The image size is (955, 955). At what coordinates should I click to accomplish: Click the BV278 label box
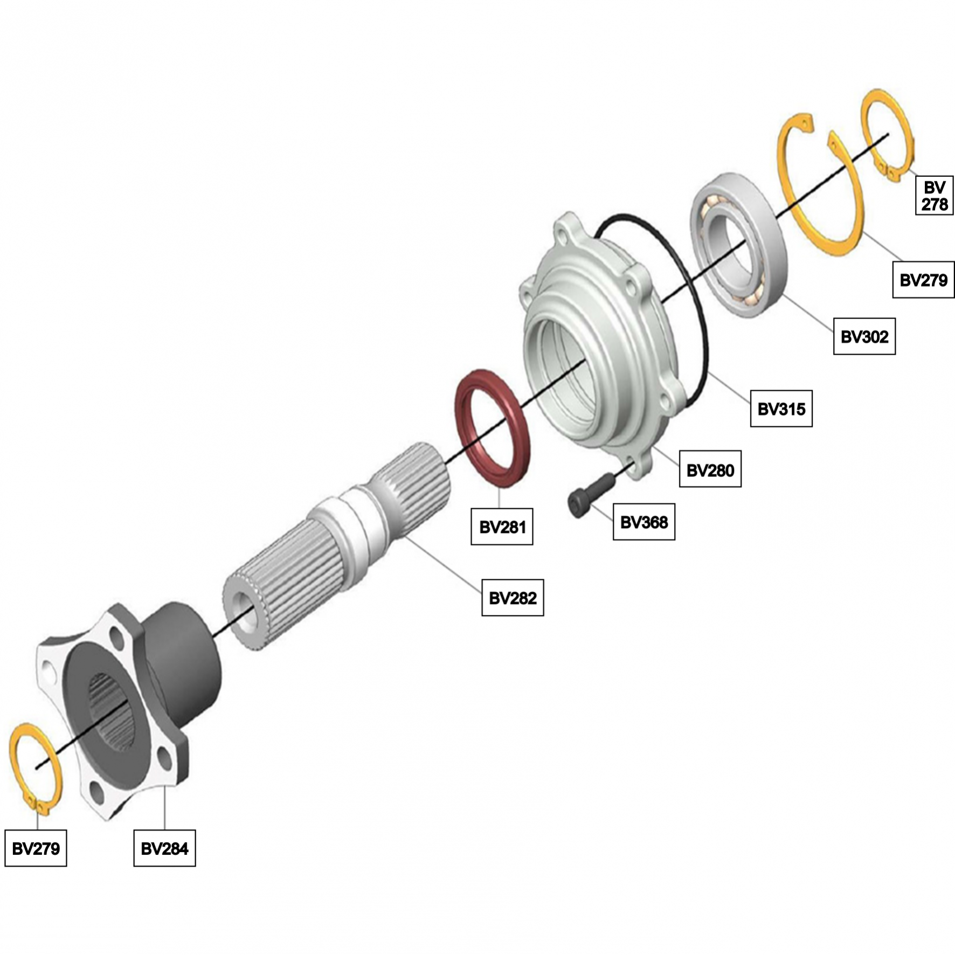pyautogui.click(x=934, y=195)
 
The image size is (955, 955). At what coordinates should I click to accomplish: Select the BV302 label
pyautogui.click(x=864, y=336)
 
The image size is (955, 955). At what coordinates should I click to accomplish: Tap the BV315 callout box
pyautogui.click(x=781, y=409)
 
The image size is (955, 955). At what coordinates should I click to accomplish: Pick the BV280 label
pyautogui.click(x=710, y=469)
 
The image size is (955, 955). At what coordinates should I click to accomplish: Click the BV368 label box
pyautogui.click(x=643, y=522)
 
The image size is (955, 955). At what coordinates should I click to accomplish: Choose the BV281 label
pyautogui.click(x=502, y=526)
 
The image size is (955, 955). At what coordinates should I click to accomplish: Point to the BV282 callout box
pyautogui.click(x=513, y=597)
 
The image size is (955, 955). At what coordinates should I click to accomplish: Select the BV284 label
pyautogui.click(x=164, y=848)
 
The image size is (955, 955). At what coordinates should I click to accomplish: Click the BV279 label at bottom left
pyautogui.click(x=36, y=848)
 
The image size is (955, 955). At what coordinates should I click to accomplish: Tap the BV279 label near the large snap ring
pyautogui.click(x=923, y=279)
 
